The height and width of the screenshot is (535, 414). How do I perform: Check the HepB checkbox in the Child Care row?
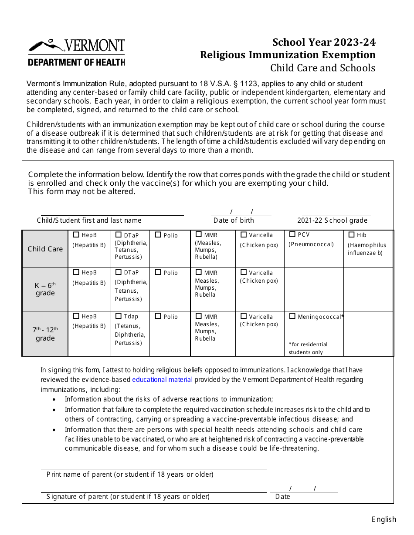[x=76, y=235]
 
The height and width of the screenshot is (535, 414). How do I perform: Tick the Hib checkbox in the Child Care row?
[x=351, y=235]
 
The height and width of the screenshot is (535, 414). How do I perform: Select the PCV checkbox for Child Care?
[x=292, y=234]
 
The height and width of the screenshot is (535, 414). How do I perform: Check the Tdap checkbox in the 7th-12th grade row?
[x=119, y=316]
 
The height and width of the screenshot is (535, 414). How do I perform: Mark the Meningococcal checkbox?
[x=292, y=316]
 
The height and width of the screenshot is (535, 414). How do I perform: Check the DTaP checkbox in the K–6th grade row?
[x=119, y=272]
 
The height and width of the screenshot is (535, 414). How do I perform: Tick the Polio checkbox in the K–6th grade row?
[x=158, y=272]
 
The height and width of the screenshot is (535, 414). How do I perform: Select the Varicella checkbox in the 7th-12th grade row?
[x=244, y=316]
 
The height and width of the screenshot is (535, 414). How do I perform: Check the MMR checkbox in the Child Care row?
[x=199, y=234]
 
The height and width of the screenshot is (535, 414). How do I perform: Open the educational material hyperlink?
[x=162, y=380]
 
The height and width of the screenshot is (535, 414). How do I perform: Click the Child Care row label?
[x=45, y=249]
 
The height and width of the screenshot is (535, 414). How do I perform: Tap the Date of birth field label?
[x=234, y=221]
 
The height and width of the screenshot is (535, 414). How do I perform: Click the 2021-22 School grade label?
[x=332, y=221]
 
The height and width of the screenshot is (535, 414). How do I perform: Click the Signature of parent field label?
[x=128, y=497]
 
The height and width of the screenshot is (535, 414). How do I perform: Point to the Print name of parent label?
[x=130, y=475]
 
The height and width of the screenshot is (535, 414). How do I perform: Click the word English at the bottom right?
[x=383, y=519]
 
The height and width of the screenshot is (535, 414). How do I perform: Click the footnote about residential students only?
[x=308, y=348]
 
